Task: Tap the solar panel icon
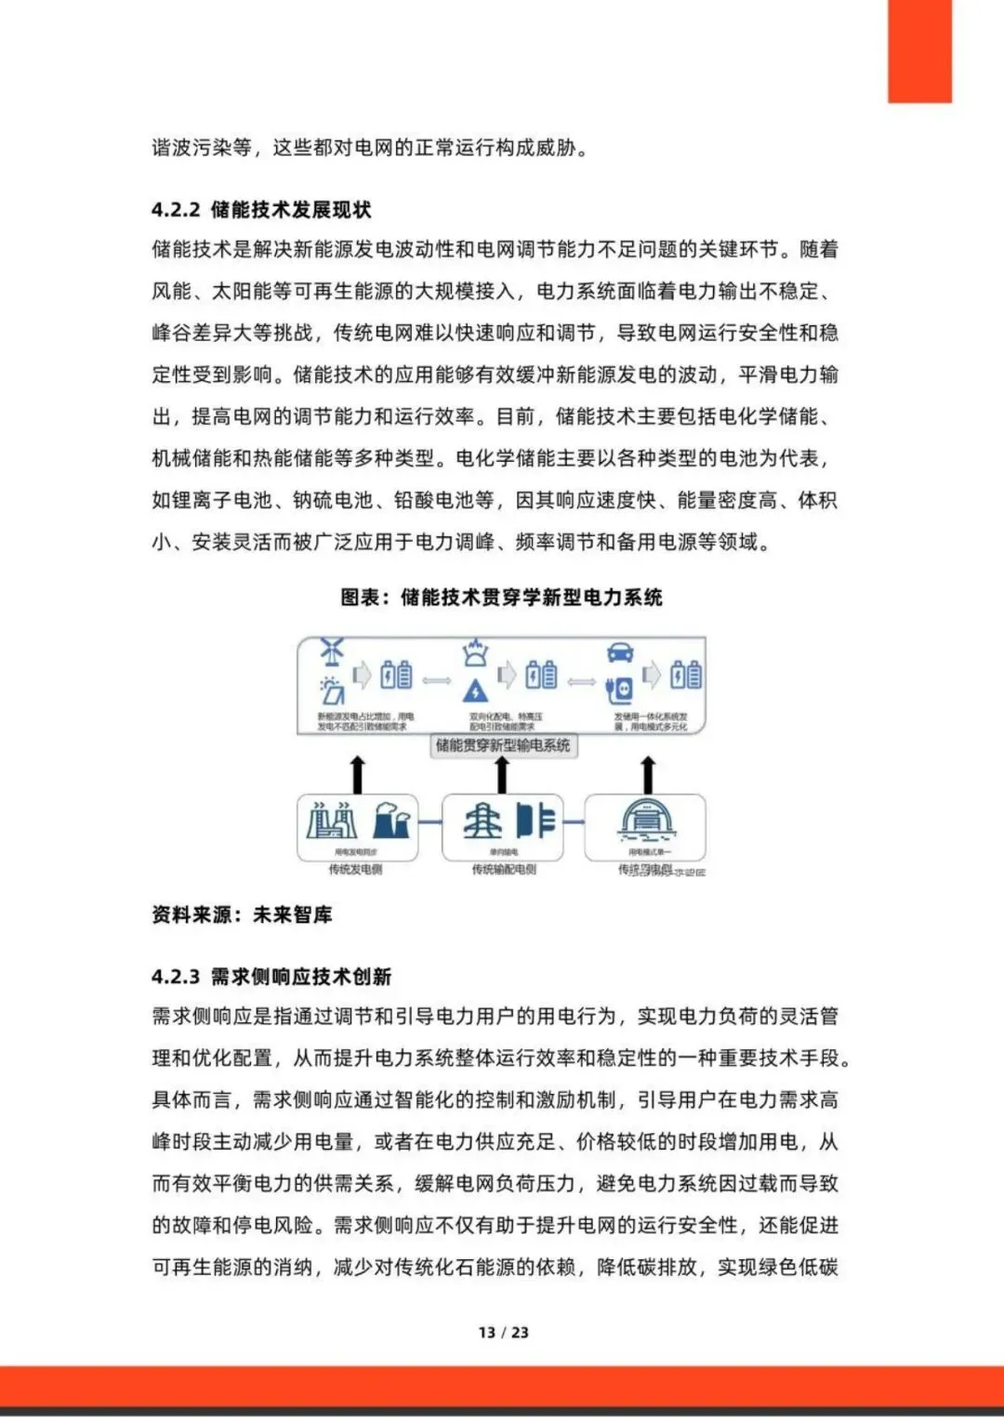click(332, 690)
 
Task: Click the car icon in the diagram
click(620, 652)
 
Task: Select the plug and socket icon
click(619, 689)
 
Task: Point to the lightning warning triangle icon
click(475, 690)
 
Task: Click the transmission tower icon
click(483, 821)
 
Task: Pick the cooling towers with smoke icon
click(390, 821)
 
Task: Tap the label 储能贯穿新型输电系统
click(503, 745)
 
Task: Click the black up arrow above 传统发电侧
click(357, 774)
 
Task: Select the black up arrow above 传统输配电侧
click(502, 774)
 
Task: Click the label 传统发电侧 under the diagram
click(355, 870)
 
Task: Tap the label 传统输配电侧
click(503, 870)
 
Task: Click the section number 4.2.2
click(176, 210)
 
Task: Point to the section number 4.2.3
click(176, 977)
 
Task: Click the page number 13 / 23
click(503, 1332)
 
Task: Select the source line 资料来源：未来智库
click(242, 915)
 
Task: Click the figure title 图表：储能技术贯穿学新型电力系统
click(501, 598)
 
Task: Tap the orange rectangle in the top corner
click(919, 51)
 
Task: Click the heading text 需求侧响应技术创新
click(301, 977)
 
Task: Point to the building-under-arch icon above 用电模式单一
click(647, 821)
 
